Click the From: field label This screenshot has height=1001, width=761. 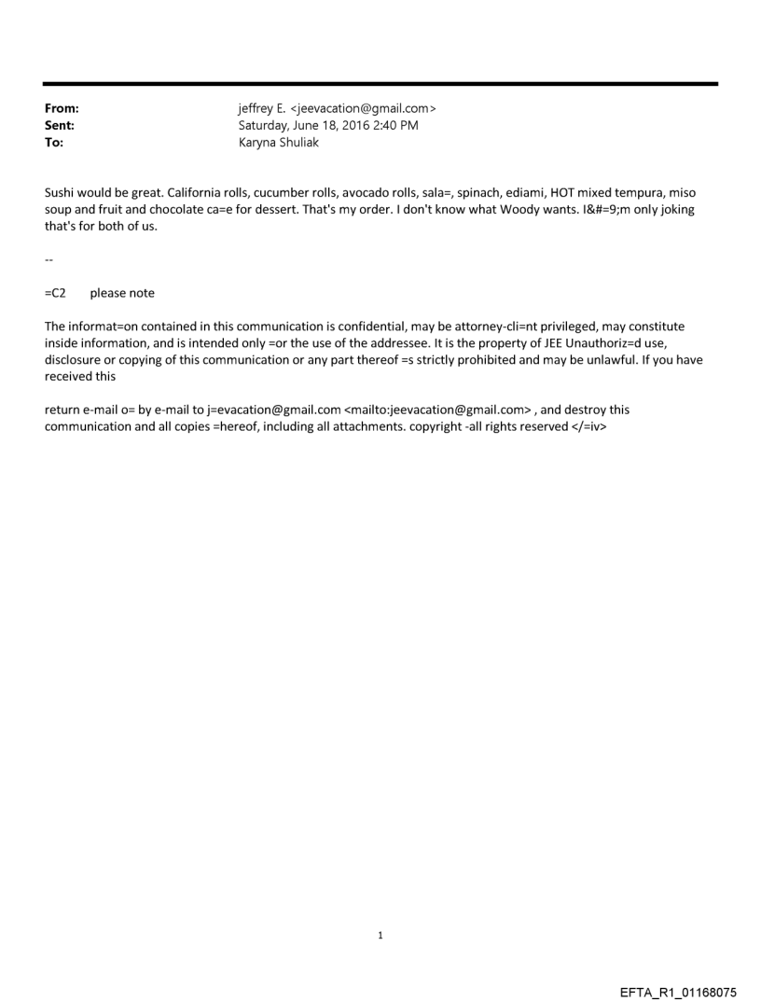[x=62, y=109]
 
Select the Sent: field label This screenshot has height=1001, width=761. [x=60, y=126]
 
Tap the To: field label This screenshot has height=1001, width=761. [x=54, y=143]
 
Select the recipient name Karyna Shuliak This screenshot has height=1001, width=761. [x=279, y=143]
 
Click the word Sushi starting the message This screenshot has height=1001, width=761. [x=61, y=193]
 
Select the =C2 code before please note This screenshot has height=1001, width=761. [x=55, y=293]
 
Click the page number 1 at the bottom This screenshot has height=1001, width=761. [x=380, y=936]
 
